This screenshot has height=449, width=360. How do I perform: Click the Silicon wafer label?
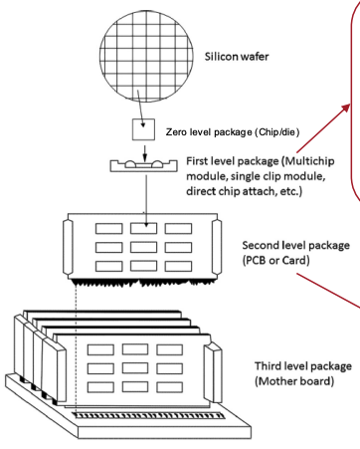(x=237, y=57)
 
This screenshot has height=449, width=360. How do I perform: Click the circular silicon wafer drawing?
(x=146, y=56)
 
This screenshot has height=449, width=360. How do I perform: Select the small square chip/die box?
(x=143, y=129)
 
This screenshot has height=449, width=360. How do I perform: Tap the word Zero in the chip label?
(x=176, y=132)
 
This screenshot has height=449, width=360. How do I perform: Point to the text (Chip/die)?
(x=277, y=132)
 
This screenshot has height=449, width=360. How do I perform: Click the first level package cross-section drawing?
(x=143, y=165)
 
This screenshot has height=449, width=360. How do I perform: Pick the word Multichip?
(x=309, y=161)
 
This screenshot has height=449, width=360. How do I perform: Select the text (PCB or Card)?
(x=276, y=260)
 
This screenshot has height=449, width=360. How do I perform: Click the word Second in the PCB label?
(x=261, y=245)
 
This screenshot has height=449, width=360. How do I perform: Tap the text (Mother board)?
(x=294, y=380)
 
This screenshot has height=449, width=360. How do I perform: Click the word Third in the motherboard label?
(x=268, y=366)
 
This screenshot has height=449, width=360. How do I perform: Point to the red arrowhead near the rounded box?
(x=346, y=108)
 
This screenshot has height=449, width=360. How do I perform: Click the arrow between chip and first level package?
(x=144, y=152)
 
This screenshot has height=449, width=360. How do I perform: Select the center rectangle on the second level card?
(x=143, y=247)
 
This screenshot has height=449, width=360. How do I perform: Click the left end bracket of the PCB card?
(x=68, y=247)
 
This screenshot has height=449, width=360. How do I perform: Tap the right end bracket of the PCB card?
(x=217, y=247)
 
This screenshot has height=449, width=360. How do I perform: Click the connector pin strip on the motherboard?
(x=148, y=415)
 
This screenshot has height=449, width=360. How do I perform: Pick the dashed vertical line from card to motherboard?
(x=77, y=349)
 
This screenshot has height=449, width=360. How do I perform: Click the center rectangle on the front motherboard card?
(x=135, y=368)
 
